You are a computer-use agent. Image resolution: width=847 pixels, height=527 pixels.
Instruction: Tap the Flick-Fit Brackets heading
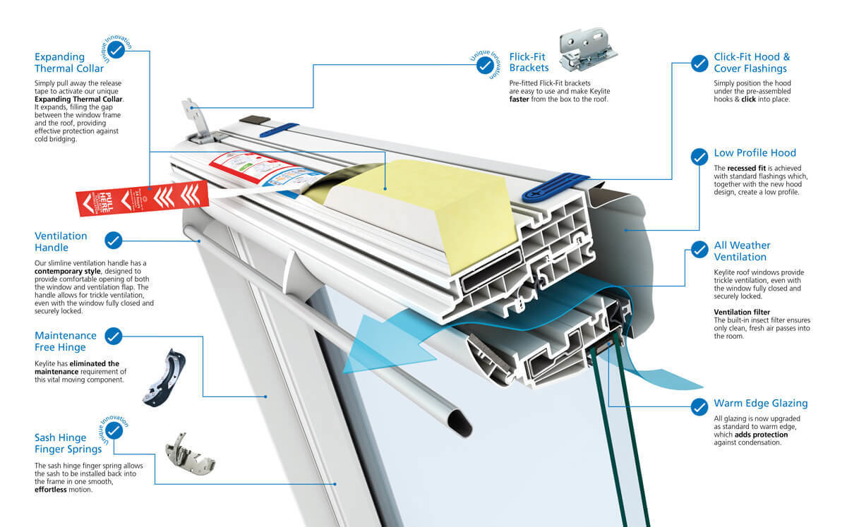[x=529, y=62]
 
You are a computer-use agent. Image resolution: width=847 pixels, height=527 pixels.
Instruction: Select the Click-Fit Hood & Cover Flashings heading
[x=752, y=63]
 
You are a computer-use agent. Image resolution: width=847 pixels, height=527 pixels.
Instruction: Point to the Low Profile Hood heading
[x=755, y=153]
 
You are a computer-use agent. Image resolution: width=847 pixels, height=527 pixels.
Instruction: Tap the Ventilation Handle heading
[x=61, y=242]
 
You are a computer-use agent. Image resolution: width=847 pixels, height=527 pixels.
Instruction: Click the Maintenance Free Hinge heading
[x=65, y=341]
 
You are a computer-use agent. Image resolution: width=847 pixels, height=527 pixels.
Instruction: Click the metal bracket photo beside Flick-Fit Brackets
[x=588, y=49]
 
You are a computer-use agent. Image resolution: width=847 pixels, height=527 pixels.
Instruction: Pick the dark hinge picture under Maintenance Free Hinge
[x=167, y=375]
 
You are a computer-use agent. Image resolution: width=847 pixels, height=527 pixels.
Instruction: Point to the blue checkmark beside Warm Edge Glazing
[x=699, y=407]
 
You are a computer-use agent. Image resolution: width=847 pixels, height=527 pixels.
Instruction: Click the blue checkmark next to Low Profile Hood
[x=699, y=156]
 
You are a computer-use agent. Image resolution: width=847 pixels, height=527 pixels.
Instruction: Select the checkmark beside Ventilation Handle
[x=113, y=241]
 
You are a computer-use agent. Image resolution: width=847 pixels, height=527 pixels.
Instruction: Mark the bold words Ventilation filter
[x=742, y=312]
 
